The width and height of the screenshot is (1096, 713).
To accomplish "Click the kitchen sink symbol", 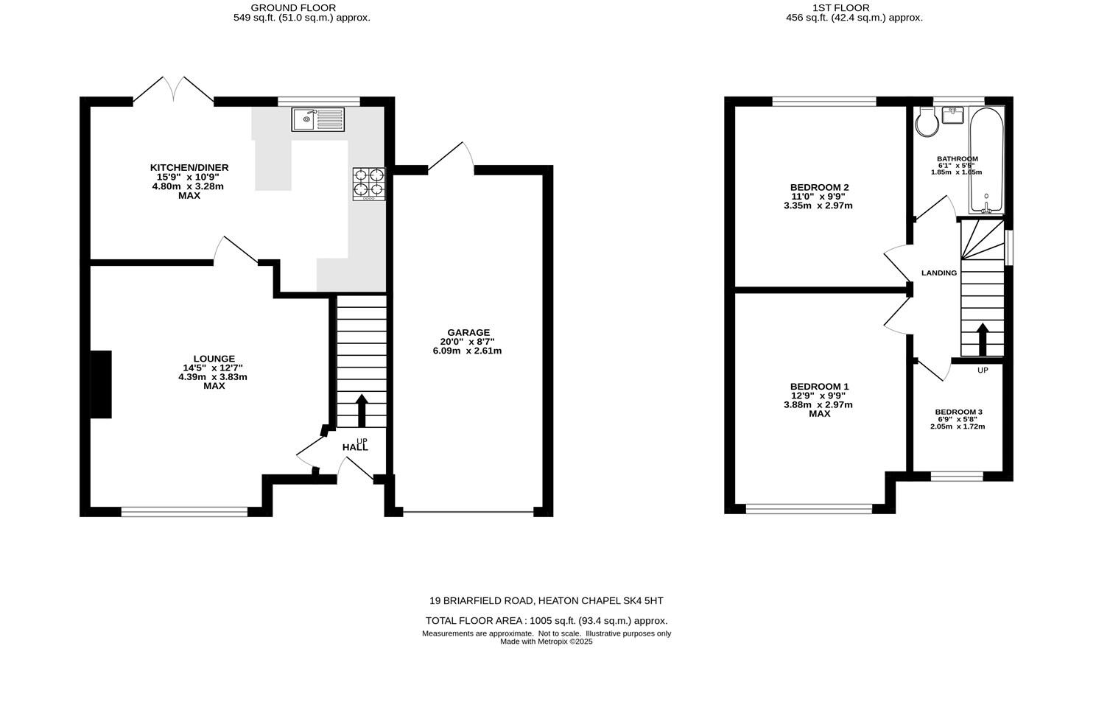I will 317,119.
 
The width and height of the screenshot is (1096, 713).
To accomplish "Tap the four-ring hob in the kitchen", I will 369,184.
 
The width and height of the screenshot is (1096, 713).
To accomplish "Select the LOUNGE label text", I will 214,359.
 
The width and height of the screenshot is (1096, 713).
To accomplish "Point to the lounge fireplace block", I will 101,384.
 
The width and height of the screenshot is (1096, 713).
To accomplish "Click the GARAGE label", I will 468,333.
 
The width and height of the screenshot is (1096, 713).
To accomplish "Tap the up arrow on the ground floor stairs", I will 362,410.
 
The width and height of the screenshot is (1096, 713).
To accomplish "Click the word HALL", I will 355,448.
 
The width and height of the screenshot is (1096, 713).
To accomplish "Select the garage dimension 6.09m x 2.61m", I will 467,351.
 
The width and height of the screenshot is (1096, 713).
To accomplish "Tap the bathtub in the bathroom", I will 986,161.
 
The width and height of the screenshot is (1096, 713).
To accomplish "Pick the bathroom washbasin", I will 952,116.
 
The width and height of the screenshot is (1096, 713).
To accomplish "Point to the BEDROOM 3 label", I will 958,412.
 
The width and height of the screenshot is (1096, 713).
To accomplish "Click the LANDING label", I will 939,273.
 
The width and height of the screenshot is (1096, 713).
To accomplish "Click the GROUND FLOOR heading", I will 293,8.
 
